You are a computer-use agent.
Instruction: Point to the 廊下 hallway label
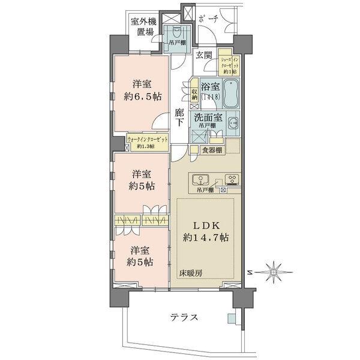pyautogui.click(x=179, y=116)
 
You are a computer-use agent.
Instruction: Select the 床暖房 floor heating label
pyautogui.click(x=190, y=273)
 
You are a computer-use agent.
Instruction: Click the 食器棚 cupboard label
pyautogui.click(x=212, y=150)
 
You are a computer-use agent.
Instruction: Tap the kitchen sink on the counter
pyautogui.click(x=199, y=179)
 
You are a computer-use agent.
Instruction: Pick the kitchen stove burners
pyautogui.click(x=231, y=179)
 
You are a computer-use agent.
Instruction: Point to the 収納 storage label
pyautogui.click(x=194, y=95)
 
